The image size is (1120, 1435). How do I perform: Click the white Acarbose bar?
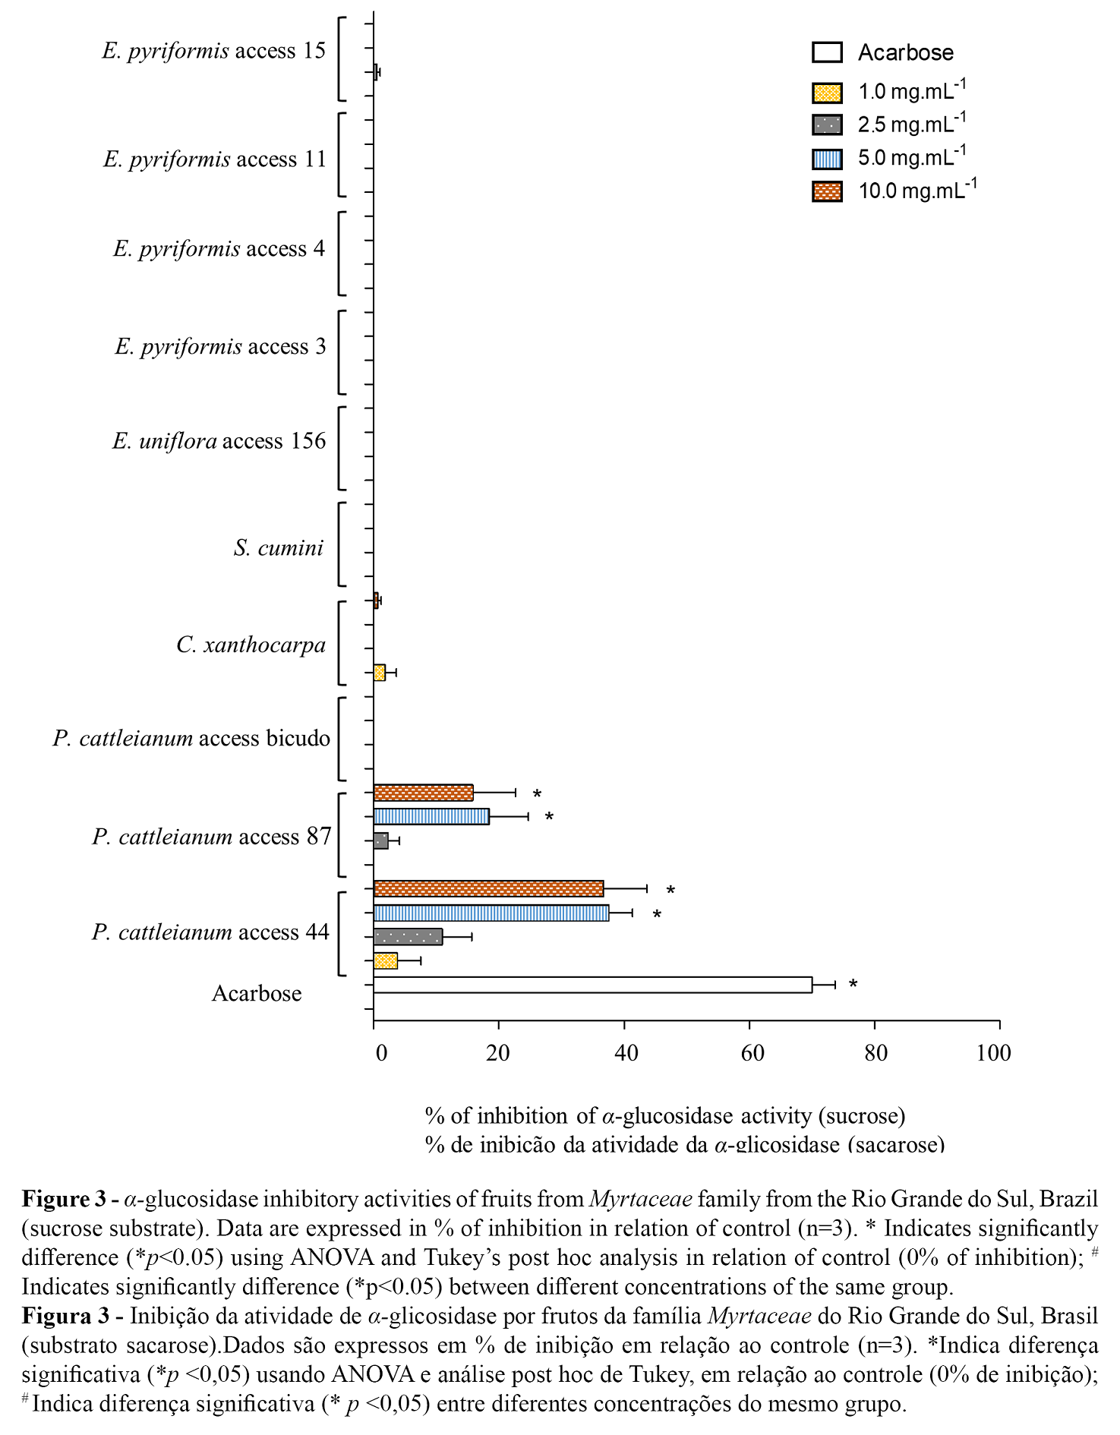(x=592, y=985)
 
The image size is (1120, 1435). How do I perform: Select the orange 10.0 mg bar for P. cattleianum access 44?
(x=488, y=888)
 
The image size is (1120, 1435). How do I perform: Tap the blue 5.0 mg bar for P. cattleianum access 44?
(x=491, y=913)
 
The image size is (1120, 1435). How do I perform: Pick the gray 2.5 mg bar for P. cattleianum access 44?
(x=408, y=937)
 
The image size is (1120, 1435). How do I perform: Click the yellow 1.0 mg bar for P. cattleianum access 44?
(x=386, y=961)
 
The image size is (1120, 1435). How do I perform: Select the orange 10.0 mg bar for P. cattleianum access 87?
(x=423, y=793)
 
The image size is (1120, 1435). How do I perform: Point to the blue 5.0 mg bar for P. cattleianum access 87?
(x=431, y=816)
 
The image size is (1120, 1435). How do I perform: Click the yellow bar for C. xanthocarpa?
(x=380, y=673)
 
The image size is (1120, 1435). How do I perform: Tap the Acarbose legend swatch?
(x=827, y=52)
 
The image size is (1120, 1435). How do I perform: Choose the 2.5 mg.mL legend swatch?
(x=827, y=125)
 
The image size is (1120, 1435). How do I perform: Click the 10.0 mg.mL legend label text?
(x=917, y=190)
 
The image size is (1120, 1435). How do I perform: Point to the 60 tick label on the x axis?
(x=752, y=1053)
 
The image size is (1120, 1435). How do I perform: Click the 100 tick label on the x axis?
(x=994, y=1053)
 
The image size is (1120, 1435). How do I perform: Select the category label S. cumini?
(x=279, y=547)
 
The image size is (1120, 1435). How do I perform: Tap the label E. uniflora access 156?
(x=219, y=441)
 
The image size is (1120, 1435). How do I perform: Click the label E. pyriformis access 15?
(x=213, y=51)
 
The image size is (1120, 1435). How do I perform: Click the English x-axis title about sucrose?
(x=664, y=1115)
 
